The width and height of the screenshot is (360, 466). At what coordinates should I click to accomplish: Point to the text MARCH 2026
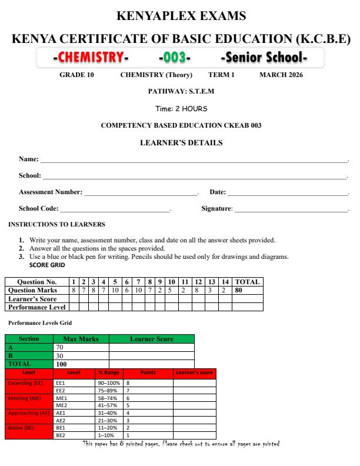tap(281, 75)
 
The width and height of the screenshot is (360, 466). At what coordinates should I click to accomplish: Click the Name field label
tap(29, 159)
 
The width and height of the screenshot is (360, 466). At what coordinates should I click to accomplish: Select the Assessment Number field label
tap(51, 192)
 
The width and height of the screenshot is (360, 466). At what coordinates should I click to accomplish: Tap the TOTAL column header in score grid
tap(247, 282)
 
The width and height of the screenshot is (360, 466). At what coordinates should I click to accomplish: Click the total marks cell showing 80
tap(238, 290)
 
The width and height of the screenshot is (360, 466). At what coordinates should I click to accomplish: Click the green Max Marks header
tap(81, 339)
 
